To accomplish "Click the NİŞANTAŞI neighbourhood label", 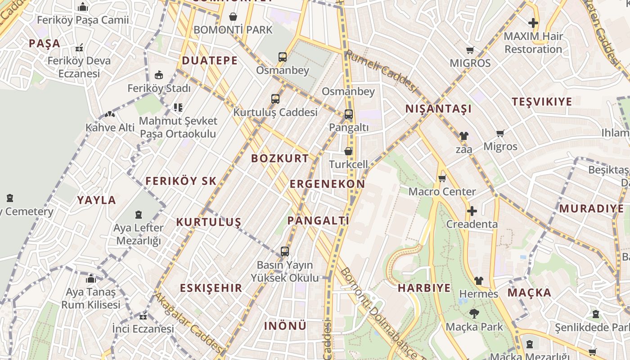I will pos(438,109).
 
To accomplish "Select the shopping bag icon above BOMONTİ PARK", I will pos(233,17).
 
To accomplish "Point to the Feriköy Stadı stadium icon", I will pos(158,75).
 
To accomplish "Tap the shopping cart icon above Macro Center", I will pos(442,179).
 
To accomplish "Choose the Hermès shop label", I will pos(478,294).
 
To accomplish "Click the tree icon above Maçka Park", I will pos(474,314).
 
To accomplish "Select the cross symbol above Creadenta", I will pos(472,211).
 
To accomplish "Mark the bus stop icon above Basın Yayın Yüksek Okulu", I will pos(284,252).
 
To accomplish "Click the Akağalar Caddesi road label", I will pos(189,323).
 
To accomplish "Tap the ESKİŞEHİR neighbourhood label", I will pos(211,288).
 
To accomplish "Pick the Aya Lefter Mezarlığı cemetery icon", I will pos(139,215).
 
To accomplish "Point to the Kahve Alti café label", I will pos(110,128).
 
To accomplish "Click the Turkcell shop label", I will pos(348,164).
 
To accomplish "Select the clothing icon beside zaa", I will pos(463,136).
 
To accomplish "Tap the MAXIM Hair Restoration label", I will pos(533,43).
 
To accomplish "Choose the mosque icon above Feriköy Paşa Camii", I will pos(83,7).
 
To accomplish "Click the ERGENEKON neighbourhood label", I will pos(327,184).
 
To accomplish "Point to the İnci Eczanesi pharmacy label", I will pos(143,329).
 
